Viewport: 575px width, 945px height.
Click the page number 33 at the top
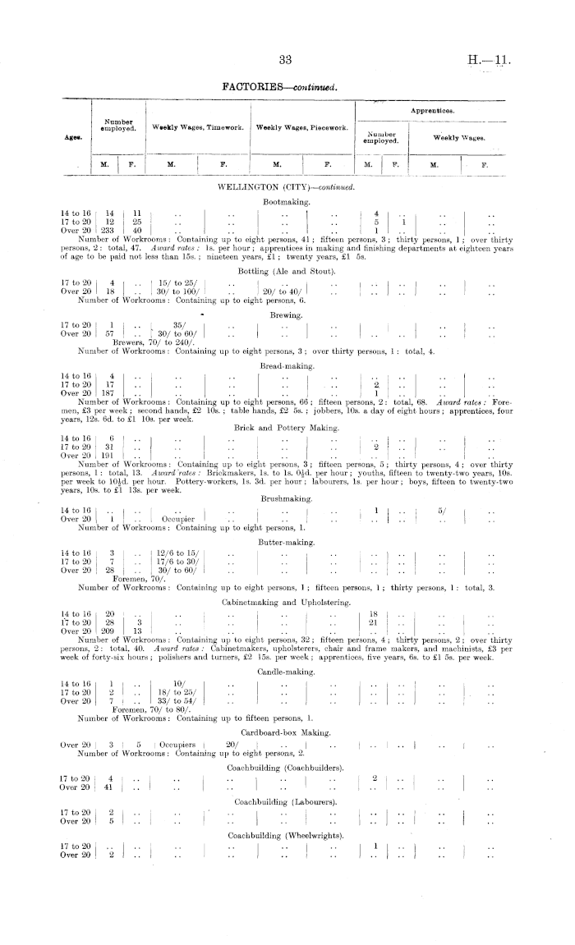(x=287, y=59)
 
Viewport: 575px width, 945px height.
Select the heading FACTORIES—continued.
(x=286, y=85)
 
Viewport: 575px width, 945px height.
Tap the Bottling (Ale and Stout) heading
(x=286, y=271)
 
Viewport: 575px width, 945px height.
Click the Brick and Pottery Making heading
(x=286, y=427)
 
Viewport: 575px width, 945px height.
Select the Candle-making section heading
(x=286, y=672)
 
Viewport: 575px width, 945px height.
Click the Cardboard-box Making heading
(x=286, y=732)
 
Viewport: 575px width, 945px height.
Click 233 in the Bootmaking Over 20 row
(x=108, y=229)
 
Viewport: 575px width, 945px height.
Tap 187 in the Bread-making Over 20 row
(x=108, y=392)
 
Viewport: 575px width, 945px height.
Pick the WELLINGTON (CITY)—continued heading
(x=286, y=188)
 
